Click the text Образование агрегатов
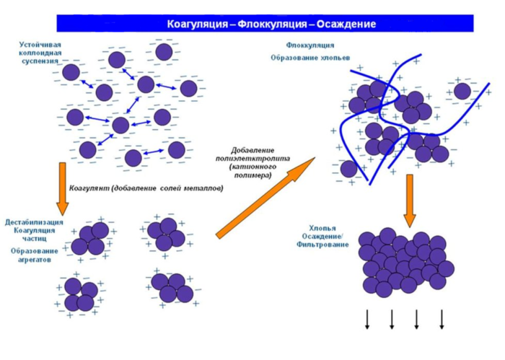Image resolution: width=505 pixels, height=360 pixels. pyautogui.click(x=32, y=254)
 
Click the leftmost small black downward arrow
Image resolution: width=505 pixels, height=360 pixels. pyautogui.click(x=367, y=318)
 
